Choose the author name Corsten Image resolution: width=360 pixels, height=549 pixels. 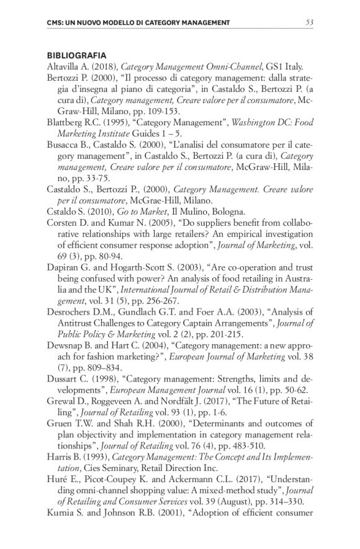tap(64, 223)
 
